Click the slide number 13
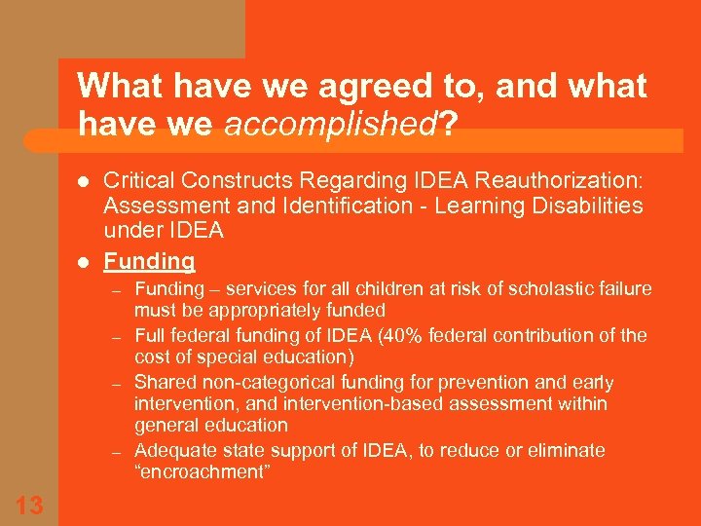(x=29, y=505)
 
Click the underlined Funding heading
(x=149, y=261)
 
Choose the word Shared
(x=163, y=382)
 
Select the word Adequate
(x=172, y=450)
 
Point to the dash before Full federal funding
(x=115, y=337)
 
